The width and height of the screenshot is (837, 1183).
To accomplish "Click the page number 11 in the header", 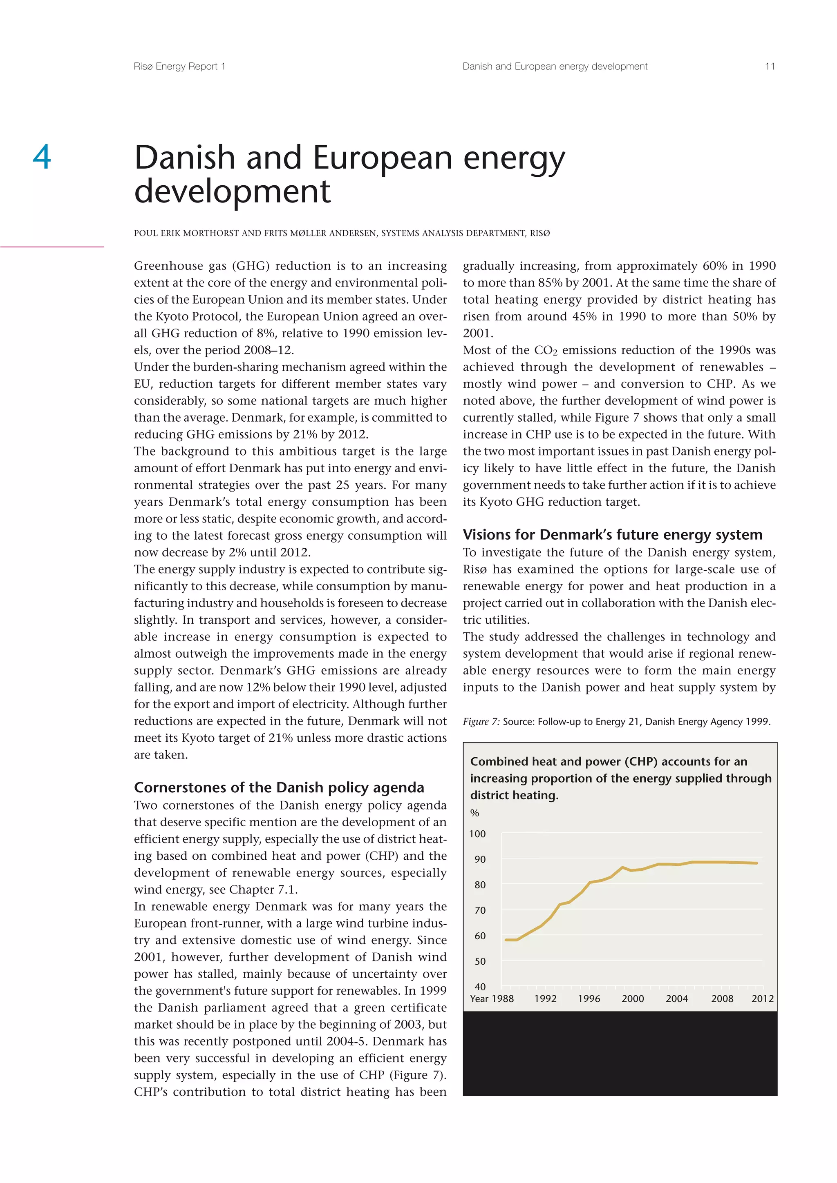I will (770, 67).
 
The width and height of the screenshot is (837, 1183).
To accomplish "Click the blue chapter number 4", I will (42, 157).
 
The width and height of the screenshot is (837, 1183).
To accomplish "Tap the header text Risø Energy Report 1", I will (179, 67).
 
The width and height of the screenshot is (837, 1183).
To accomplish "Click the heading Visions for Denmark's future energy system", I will (612, 534).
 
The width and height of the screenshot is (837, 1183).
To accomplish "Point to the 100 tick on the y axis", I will (477, 834).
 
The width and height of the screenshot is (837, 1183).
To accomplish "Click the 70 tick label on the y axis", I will (480, 910).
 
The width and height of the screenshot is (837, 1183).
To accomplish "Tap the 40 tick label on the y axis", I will (480, 987).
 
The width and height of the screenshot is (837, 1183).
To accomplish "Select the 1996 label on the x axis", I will (589, 998).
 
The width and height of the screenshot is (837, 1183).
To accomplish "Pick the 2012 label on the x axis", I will (762, 998).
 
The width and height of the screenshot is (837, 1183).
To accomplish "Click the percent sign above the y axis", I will (474, 813).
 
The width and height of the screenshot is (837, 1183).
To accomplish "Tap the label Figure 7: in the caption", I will (481, 721).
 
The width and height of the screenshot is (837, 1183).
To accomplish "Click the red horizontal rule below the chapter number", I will (51, 247).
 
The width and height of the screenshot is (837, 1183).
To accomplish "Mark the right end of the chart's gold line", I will (756, 863).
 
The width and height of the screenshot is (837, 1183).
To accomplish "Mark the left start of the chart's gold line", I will (506, 940).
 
